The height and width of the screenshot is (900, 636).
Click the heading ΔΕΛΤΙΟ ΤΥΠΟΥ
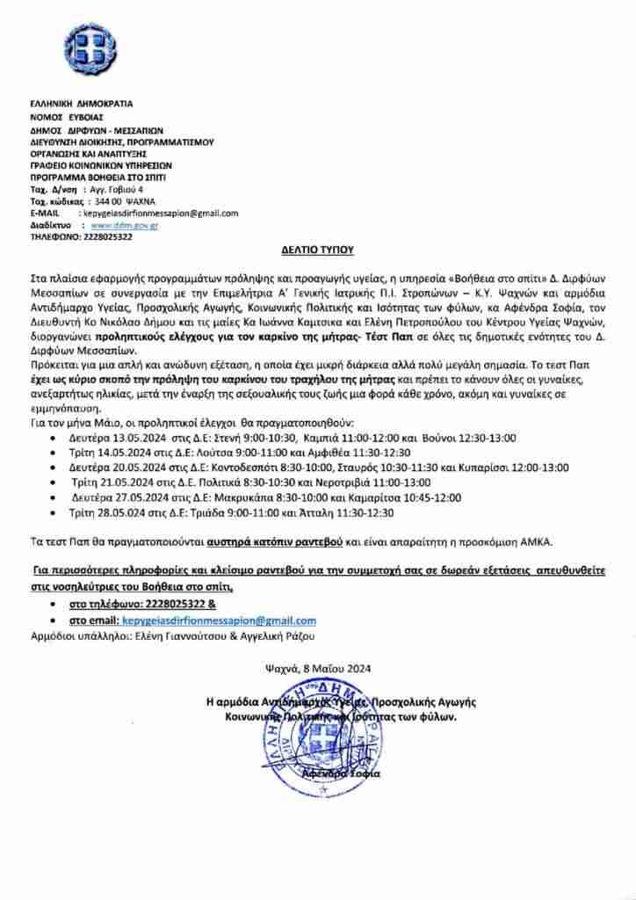tap(317, 250)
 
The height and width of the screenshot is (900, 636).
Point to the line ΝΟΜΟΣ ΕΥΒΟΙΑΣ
tap(67, 116)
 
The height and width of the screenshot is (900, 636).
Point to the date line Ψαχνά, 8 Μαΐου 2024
tap(318, 668)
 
